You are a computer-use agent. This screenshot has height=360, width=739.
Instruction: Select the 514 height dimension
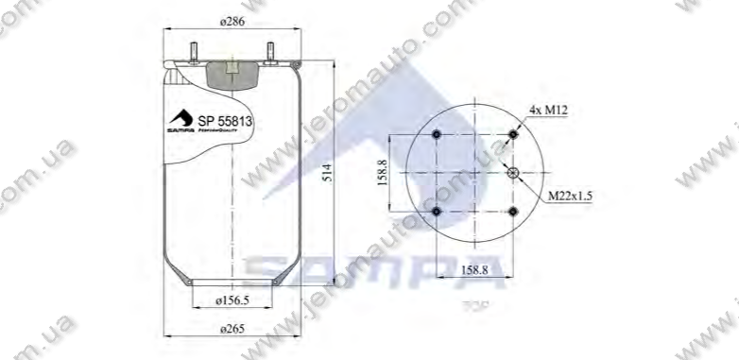tap(325, 173)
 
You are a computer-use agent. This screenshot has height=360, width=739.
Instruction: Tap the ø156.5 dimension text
tap(231, 301)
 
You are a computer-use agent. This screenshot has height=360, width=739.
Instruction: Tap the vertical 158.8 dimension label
tap(385, 173)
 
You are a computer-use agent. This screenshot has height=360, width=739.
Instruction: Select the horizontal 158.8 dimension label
tap(473, 269)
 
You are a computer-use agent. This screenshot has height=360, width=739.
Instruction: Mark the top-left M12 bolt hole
tap(436, 135)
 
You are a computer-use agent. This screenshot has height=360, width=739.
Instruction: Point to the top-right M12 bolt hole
tap(513, 135)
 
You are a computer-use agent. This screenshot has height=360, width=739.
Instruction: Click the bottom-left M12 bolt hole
tap(436, 211)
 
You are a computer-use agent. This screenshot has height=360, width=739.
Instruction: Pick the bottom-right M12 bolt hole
tap(513, 211)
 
